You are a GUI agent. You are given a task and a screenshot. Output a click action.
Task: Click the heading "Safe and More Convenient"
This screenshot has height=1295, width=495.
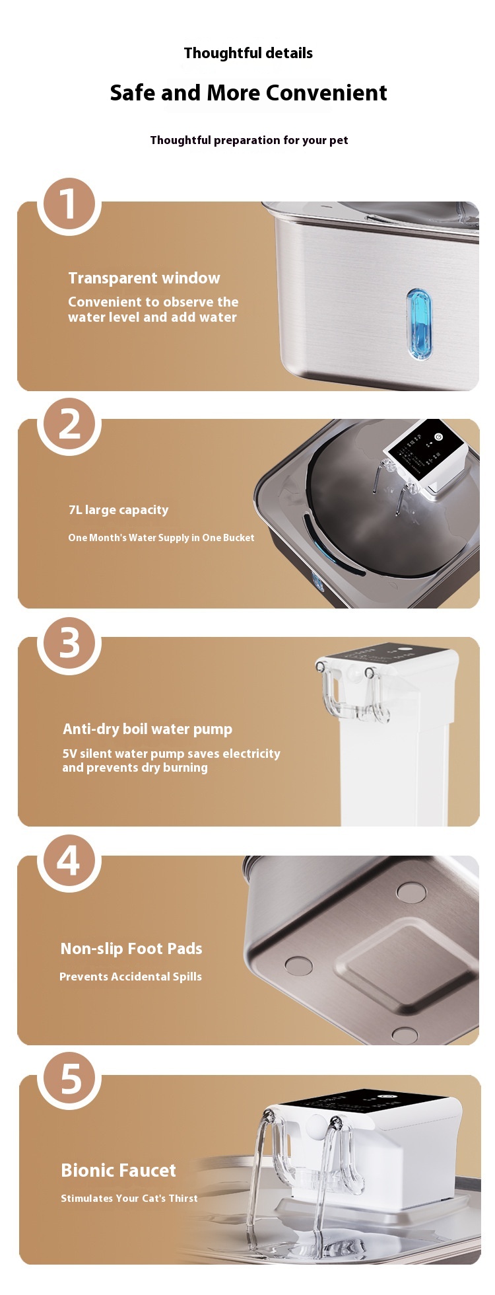pyautogui.click(x=248, y=92)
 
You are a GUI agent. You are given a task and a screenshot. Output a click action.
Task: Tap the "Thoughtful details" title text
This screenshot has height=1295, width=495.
pyautogui.click(x=248, y=53)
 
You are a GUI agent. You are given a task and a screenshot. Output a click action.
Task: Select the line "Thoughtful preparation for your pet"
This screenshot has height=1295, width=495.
pyautogui.click(x=249, y=140)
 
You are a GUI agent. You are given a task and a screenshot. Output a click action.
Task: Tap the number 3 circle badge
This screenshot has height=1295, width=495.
pyautogui.click(x=69, y=642)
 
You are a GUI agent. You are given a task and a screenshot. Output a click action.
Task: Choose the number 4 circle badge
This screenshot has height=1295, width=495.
pyautogui.click(x=69, y=860)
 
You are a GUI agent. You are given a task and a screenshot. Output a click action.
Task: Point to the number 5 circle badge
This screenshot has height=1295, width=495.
pyautogui.click(x=69, y=1079)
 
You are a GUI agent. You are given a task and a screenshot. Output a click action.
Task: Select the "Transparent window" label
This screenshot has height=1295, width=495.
pyautogui.click(x=144, y=278)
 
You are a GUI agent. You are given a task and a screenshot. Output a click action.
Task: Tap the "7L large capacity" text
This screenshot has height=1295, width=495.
pyautogui.click(x=118, y=509)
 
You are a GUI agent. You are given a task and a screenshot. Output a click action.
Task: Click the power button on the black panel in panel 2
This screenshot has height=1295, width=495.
pyautogui.click(x=438, y=437)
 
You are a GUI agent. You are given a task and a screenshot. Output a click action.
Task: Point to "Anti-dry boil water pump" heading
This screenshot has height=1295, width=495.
pyautogui.click(x=147, y=729)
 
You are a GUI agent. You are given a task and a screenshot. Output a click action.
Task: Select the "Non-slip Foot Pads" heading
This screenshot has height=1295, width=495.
pyautogui.click(x=131, y=949)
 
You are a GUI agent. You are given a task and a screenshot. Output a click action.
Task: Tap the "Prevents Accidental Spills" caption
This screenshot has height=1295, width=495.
pyautogui.click(x=131, y=977)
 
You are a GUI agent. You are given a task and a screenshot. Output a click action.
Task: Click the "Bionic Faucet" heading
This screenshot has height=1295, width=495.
pyautogui.click(x=118, y=1171)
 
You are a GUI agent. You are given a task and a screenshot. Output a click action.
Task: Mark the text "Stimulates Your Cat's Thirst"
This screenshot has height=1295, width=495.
pyautogui.click(x=129, y=1198)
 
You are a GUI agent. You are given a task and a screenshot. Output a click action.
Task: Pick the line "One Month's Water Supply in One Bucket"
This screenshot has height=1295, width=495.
pyautogui.click(x=161, y=538)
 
